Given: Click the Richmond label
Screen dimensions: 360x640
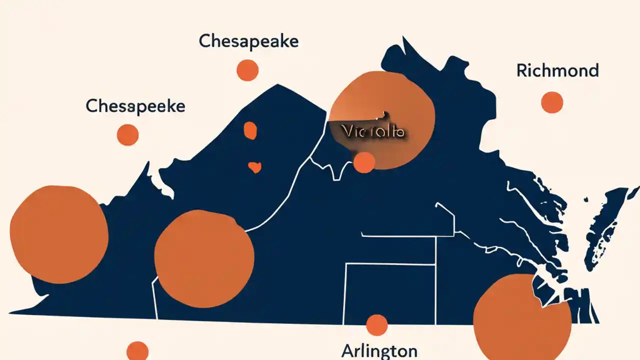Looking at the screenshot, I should tap(557, 70).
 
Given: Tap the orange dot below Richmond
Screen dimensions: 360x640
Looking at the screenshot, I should tap(552, 102).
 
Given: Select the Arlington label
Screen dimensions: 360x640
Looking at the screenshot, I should tap(379, 351).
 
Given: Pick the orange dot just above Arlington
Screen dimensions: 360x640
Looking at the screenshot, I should tap(377, 325).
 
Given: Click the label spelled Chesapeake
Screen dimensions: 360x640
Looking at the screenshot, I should tap(248, 41).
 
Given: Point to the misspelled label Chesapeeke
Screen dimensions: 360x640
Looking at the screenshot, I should tap(135, 106).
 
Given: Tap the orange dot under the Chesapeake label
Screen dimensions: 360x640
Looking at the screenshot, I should tap(247, 70).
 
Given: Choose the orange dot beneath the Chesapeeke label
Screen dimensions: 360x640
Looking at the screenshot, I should tap(127, 135).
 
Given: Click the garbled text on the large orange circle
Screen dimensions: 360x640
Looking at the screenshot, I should tap(373, 131).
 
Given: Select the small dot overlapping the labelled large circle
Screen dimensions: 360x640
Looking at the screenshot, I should tap(364, 162).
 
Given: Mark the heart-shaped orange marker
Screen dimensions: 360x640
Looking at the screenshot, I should tap(254, 167).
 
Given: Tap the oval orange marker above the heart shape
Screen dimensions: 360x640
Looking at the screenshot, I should tap(250, 130).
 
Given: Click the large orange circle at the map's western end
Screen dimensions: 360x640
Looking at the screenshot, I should tap(59, 234).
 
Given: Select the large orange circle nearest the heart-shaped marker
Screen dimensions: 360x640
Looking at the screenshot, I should tap(204, 258).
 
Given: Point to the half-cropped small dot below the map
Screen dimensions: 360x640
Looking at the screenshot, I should tap(137, 351).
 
